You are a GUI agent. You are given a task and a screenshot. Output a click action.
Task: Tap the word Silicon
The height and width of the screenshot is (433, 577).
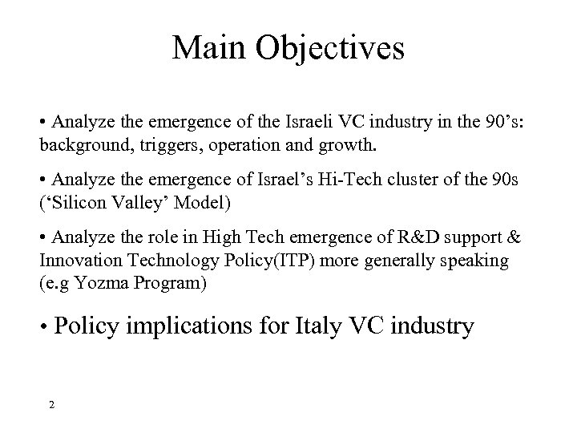tap(71, 200)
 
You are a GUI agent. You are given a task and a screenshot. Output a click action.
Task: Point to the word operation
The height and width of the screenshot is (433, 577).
tap(214, 146)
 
